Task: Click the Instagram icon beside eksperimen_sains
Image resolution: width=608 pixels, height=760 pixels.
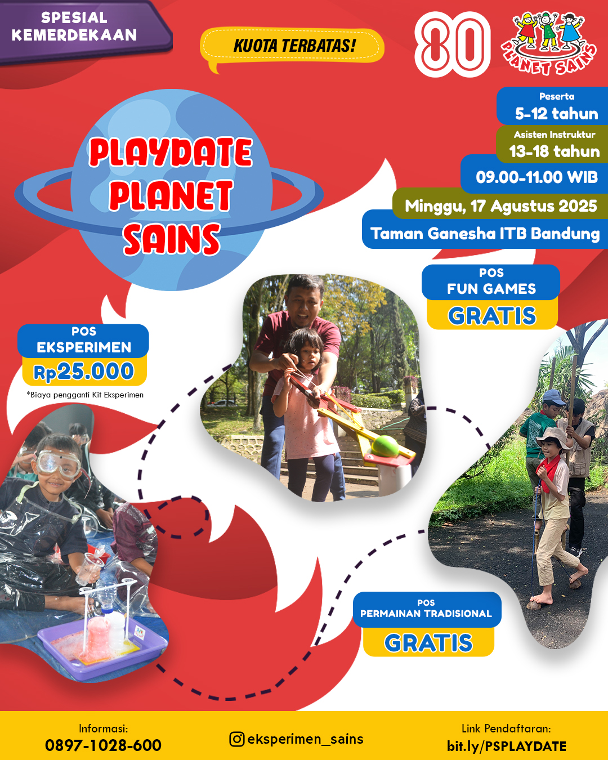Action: [236, 739]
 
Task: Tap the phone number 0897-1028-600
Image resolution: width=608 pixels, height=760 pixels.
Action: [103, 745]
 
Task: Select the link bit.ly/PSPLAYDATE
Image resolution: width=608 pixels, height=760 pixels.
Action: [506, 746]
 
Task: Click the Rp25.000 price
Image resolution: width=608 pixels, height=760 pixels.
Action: [84, 372]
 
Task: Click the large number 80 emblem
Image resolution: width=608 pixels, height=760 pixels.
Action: [453, 44]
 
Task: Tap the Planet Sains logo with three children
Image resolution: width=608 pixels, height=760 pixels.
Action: [549, 42]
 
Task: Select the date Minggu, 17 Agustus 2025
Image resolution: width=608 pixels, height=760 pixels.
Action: [501, 206]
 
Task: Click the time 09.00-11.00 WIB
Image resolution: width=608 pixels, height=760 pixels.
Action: [537, 177]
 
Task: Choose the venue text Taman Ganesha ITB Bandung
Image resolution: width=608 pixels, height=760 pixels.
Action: [485, 234]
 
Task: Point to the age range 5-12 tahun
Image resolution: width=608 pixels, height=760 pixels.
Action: [556, 114]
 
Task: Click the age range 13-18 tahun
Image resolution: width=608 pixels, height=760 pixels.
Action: [555, 151]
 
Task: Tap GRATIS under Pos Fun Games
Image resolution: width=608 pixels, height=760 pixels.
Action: [492, 315]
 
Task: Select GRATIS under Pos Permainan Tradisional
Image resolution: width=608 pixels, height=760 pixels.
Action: [428, 643]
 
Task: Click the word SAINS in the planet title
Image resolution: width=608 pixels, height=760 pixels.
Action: [172, 239]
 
